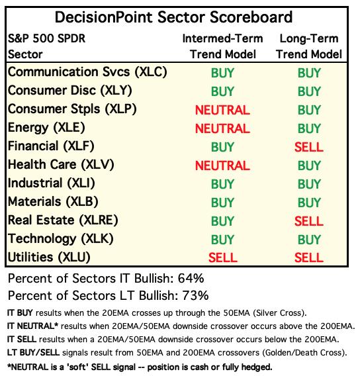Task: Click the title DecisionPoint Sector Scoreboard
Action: point(173,17)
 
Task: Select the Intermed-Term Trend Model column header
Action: point(222,46)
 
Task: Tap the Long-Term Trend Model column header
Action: point(309,46)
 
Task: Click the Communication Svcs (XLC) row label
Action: point(87,72)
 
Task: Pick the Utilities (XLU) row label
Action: point(49,257)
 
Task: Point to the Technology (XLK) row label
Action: point(61,239)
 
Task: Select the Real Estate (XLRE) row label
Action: point(63,220)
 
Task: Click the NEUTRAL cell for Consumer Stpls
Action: point(222,110)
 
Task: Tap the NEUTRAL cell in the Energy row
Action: point(222,128)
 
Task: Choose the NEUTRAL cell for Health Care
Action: point(222,165)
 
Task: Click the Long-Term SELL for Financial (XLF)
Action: point(309,147)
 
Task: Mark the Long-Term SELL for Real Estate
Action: point(309,221)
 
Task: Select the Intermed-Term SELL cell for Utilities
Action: point(222,258)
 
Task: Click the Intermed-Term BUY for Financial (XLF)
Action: point(222,147)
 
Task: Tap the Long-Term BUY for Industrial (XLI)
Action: point(309,184)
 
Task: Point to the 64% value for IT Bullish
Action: point(191,279)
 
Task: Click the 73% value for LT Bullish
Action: point(195,295)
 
